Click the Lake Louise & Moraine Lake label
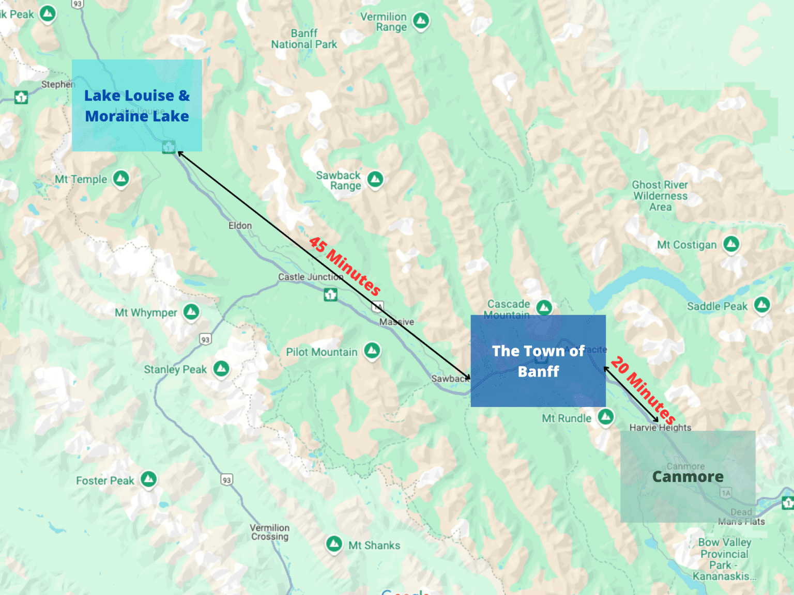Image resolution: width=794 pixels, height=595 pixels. [x=137, y=106]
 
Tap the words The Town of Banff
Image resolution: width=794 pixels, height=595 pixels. [x=538, y=361]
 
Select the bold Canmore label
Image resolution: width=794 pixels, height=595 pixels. [x=688, y=477]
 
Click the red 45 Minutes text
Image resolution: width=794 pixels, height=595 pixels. [x=345, y=265]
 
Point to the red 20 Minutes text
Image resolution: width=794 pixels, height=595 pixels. [x=643, y=389]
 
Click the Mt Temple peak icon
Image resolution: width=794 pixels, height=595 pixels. [x=121, y=179]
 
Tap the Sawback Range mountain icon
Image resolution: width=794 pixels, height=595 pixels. [x=375, y=179]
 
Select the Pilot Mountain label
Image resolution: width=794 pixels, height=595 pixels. [x=322, y=352]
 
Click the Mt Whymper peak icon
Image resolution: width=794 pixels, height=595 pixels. [x=191, y=311]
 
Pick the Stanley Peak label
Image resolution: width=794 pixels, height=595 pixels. [x=175, y=369]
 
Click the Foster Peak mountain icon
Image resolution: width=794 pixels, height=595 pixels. [x=149, y=479]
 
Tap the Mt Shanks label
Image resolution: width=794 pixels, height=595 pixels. [x=374, y=545]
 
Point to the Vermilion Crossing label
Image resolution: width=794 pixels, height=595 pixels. [x=270, y=532]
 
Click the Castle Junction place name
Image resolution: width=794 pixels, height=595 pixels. [x=310, y=277]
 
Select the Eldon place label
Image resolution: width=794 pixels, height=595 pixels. [x=240, y=226]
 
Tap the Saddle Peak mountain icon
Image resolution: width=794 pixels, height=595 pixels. [x=762, y=305]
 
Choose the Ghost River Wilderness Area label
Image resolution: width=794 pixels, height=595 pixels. [x=660, y=196]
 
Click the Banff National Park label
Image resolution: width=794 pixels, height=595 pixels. [x=304, y=39]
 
